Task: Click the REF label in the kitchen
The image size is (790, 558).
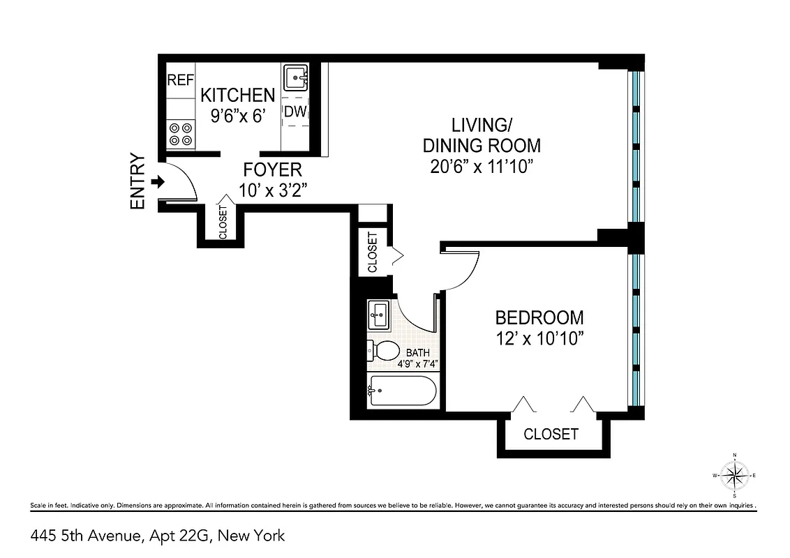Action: (180, 80)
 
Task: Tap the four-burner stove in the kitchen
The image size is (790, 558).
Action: (181, 134)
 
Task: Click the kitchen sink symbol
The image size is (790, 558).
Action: (296, 78)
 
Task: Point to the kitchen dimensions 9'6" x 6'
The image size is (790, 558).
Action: (238, 116)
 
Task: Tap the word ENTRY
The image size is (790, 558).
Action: (137, 181)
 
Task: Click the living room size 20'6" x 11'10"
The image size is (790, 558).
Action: (481, 167)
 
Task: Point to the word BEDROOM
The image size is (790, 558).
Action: (539, 318)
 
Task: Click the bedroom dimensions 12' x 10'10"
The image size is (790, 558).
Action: (539, 338)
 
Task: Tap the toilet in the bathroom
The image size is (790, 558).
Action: (382, 350)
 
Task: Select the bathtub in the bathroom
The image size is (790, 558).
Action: (402, 391)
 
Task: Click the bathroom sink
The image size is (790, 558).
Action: (380, 315)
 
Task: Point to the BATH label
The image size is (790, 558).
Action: (418, 353)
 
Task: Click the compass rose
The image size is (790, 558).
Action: (734, 476)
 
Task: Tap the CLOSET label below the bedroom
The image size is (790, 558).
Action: (551, 434)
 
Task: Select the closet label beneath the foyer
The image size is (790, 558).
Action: (223, 223)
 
